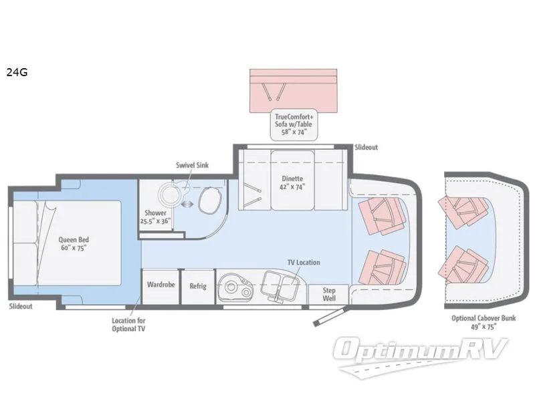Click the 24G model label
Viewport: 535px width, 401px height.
17,72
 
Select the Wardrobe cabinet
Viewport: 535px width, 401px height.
160,287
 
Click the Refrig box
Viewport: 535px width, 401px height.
198,287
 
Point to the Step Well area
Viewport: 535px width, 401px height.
329,294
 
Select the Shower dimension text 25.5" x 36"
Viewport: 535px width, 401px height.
155,221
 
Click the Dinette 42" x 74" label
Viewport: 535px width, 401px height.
292,182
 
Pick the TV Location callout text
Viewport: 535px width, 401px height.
304,262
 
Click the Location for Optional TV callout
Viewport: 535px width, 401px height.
128,325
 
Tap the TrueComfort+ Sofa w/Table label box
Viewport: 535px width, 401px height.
294,124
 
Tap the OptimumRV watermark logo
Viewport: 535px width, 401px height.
421,356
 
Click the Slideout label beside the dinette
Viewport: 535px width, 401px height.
366,147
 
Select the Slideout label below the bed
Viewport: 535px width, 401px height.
21,306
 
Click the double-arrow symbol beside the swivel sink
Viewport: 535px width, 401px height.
188,204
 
